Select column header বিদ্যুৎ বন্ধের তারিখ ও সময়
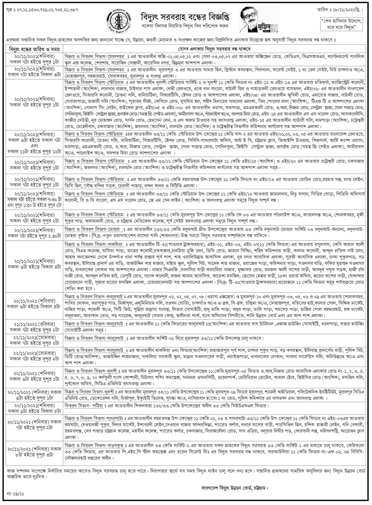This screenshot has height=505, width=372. point(34,49)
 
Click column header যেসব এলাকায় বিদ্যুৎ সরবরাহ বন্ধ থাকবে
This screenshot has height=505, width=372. point(216,49)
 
